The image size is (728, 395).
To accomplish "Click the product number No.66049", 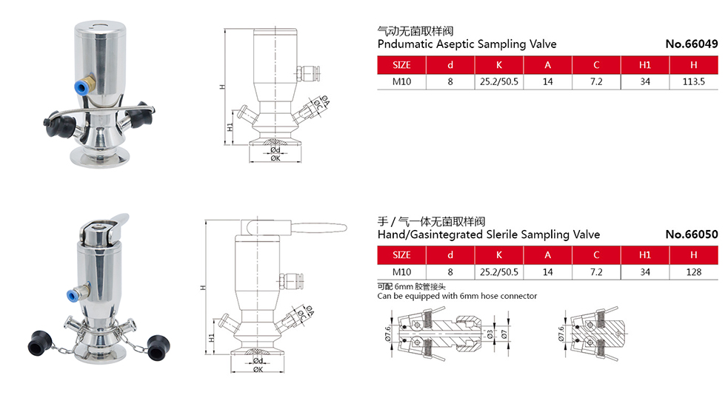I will coord(692,44).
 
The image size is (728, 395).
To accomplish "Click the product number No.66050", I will coord(692,234).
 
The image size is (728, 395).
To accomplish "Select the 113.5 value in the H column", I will coord(693,81).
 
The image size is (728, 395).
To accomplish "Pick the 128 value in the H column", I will coord(693,272).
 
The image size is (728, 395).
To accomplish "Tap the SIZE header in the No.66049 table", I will coord(401,64).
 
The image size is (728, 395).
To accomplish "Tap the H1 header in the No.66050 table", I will coord(644,255).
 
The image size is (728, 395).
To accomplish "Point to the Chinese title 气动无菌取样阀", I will coord(415,31).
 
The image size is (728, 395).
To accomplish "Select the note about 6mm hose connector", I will coord(457,296).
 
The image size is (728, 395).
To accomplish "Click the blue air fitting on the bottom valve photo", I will coord(73,295).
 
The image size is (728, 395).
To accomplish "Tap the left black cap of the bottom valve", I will coord(36,344).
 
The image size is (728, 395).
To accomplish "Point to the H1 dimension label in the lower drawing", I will coord(212,337).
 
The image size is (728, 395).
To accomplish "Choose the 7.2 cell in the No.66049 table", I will coord(596,81).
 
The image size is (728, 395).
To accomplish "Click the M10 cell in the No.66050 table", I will coord(401,272).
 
